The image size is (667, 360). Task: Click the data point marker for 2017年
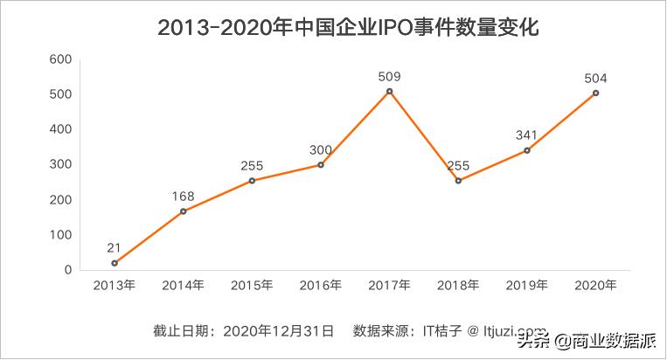point(390,92)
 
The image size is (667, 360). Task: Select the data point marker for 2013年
point(115,263)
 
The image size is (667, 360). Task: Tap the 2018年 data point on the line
point(458,181)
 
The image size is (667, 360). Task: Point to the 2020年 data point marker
point(595,93)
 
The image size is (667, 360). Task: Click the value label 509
point(390,77)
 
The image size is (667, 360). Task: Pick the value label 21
point(115,247)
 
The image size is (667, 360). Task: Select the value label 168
point(184,196)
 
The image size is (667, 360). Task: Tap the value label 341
point(527,135)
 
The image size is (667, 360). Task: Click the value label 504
point(595,78)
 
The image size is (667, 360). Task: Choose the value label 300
point(321,149)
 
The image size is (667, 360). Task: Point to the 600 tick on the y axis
point(59,59)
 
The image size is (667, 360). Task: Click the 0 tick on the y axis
point(66,270)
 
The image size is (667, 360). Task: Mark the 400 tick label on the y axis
point(59,129)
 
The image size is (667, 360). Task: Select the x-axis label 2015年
point(252,285)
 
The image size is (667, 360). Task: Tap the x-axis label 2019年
point(527,285)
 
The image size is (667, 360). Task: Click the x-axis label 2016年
point(321,285)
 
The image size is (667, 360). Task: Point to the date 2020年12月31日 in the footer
point(279,331)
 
